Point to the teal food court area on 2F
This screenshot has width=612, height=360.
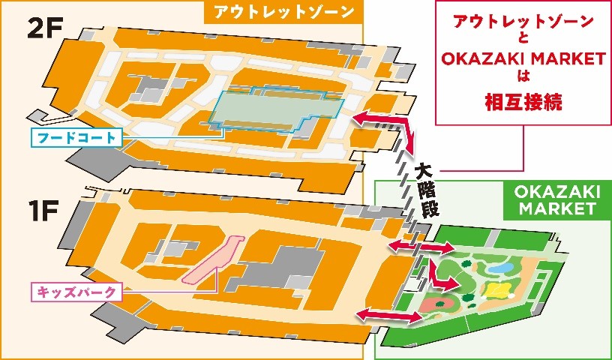(x=277, y=112)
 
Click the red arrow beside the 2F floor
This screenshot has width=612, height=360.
(x=381, y=119)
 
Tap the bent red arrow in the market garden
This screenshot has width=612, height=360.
(x=448, y=278)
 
